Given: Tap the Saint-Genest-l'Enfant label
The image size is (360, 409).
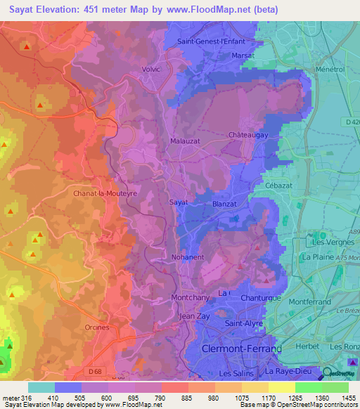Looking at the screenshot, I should [x=212, y=41].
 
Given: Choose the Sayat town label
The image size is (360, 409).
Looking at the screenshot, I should [x=179, y=202].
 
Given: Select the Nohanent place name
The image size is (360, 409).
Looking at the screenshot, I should [x=186, y=257].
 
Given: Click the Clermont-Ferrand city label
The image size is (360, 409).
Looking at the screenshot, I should [x=241, y=349].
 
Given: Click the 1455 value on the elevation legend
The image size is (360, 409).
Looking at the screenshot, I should [x=340, y=397].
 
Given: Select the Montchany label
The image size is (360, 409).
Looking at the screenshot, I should [x=191, y=297].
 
